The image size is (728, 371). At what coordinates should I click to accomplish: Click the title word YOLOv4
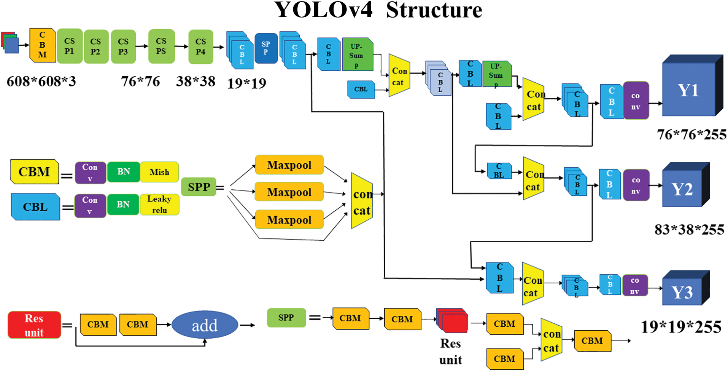(323, 10)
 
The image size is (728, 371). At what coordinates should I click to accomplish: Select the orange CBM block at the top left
(43, 45)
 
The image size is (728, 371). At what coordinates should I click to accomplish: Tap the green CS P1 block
(70, 46)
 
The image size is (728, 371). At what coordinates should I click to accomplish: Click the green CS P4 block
(200, 46)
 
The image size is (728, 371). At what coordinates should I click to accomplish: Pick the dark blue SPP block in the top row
(265, 48)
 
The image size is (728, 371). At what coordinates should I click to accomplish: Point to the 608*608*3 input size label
(41, 81)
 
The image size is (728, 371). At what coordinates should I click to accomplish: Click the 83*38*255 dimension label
(689, 229)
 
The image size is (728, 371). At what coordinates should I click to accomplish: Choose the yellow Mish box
(159, 172)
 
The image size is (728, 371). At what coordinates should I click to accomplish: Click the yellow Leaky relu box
(159, 205)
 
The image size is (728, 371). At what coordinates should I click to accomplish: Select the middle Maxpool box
(289, 192)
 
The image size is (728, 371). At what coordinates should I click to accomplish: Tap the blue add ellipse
(205, 325)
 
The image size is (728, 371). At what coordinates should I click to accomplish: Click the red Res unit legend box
(34, 325)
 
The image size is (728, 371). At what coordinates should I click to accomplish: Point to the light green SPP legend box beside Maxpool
(199, 187)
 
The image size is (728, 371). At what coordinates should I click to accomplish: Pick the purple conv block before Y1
(636, 101)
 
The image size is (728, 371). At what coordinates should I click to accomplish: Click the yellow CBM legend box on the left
(34, 172)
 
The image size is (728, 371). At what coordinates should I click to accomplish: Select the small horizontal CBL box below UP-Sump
(361, 89)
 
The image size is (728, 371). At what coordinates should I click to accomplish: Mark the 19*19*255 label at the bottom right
(681, 327)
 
